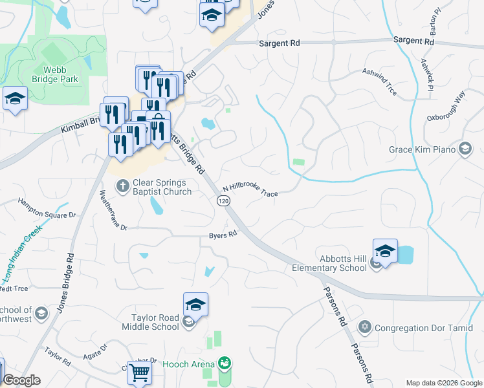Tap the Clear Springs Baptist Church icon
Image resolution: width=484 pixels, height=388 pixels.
123,186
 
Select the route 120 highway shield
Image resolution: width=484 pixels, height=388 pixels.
223,202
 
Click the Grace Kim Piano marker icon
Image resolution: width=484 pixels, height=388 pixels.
465,149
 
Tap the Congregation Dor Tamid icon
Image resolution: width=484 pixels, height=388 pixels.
365,328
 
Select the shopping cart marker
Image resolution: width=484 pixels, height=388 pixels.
140,373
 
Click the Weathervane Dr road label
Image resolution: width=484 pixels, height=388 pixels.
113,210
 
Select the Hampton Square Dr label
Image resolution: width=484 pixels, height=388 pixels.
47,208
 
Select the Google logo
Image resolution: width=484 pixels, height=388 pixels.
21,380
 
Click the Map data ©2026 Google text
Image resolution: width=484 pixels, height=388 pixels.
444,382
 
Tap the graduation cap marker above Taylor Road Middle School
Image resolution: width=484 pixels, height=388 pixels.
195,305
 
